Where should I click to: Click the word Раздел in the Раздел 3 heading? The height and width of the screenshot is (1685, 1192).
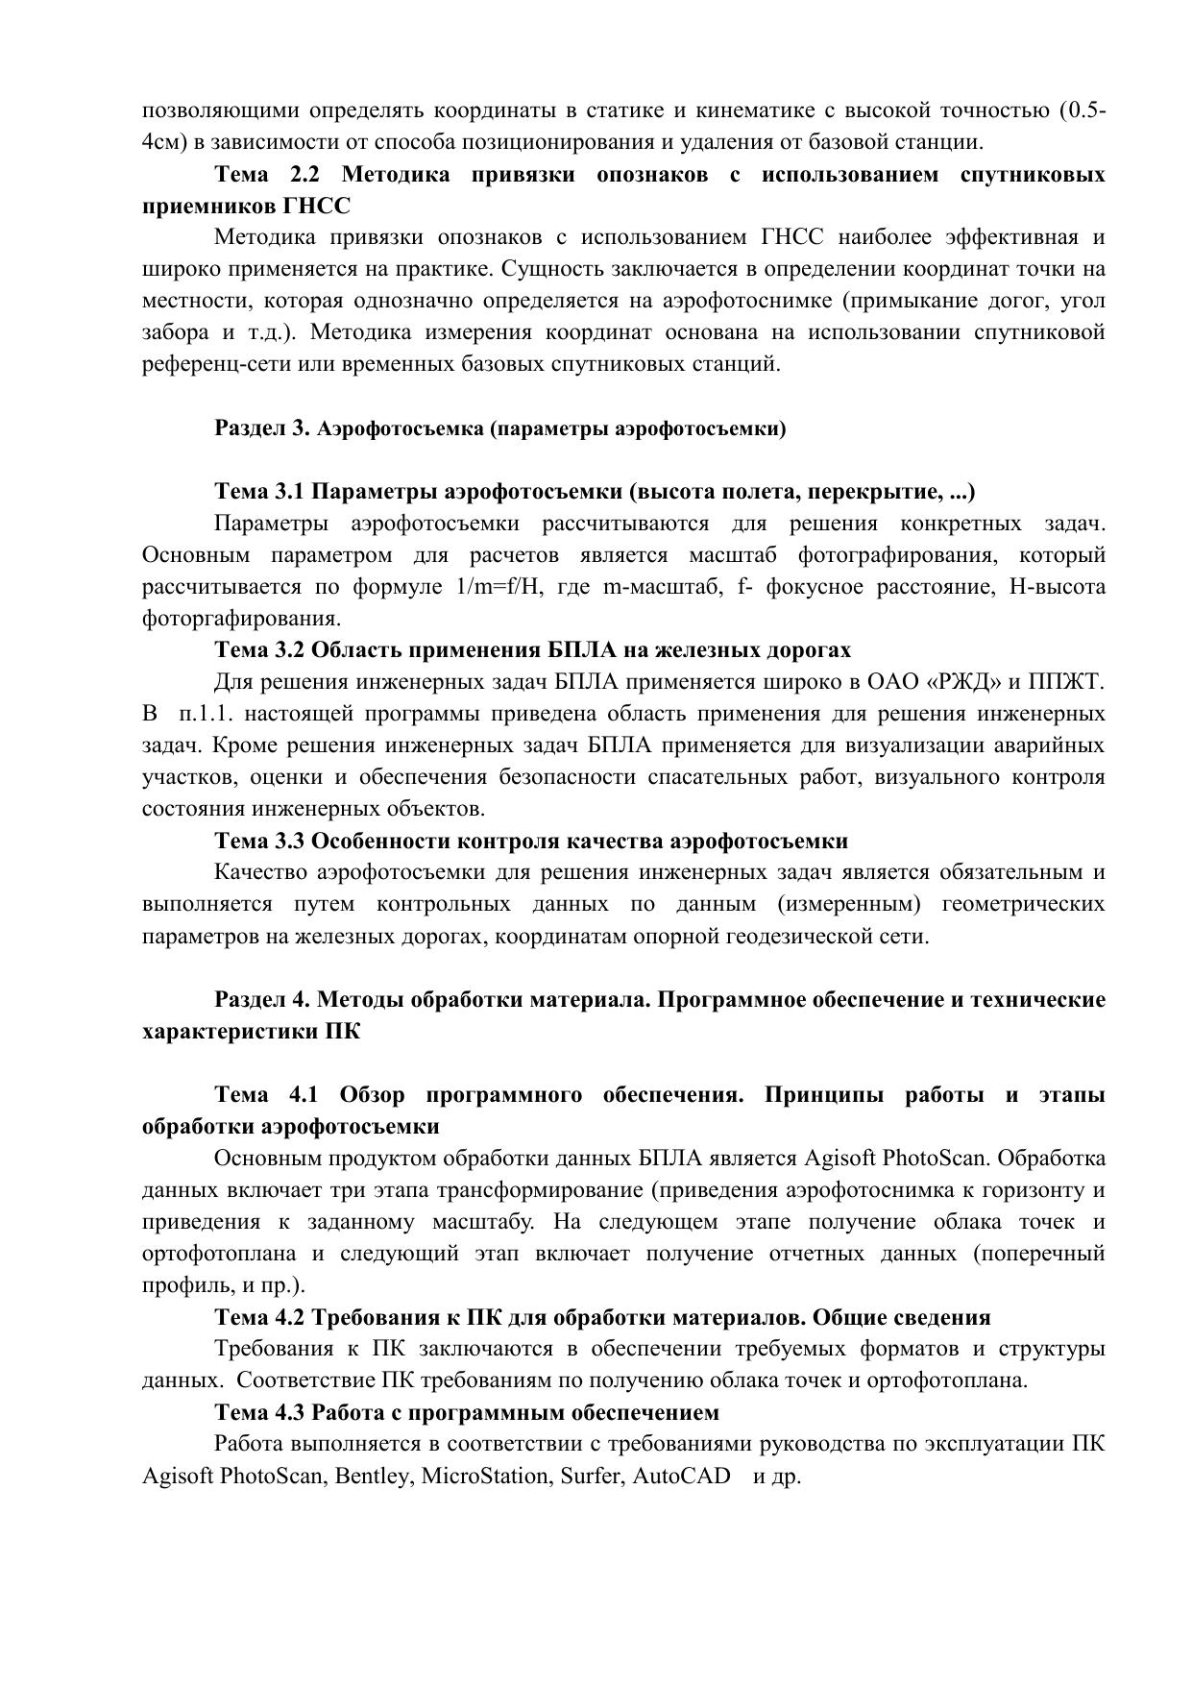point(249,428)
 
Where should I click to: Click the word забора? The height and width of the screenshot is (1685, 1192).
point(176,333)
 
